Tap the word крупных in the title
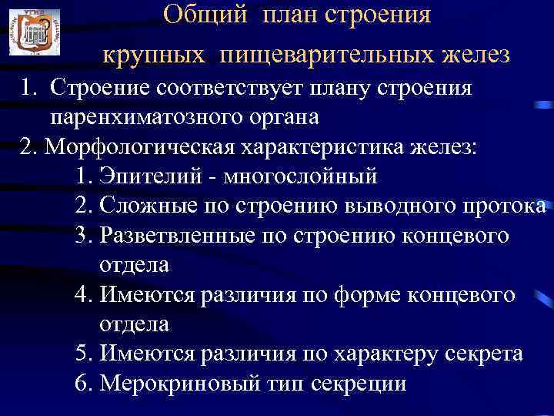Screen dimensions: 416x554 (x=155, y=55)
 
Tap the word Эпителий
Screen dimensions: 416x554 (x=151, y=176)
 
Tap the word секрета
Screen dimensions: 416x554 (x=481, y=354)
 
